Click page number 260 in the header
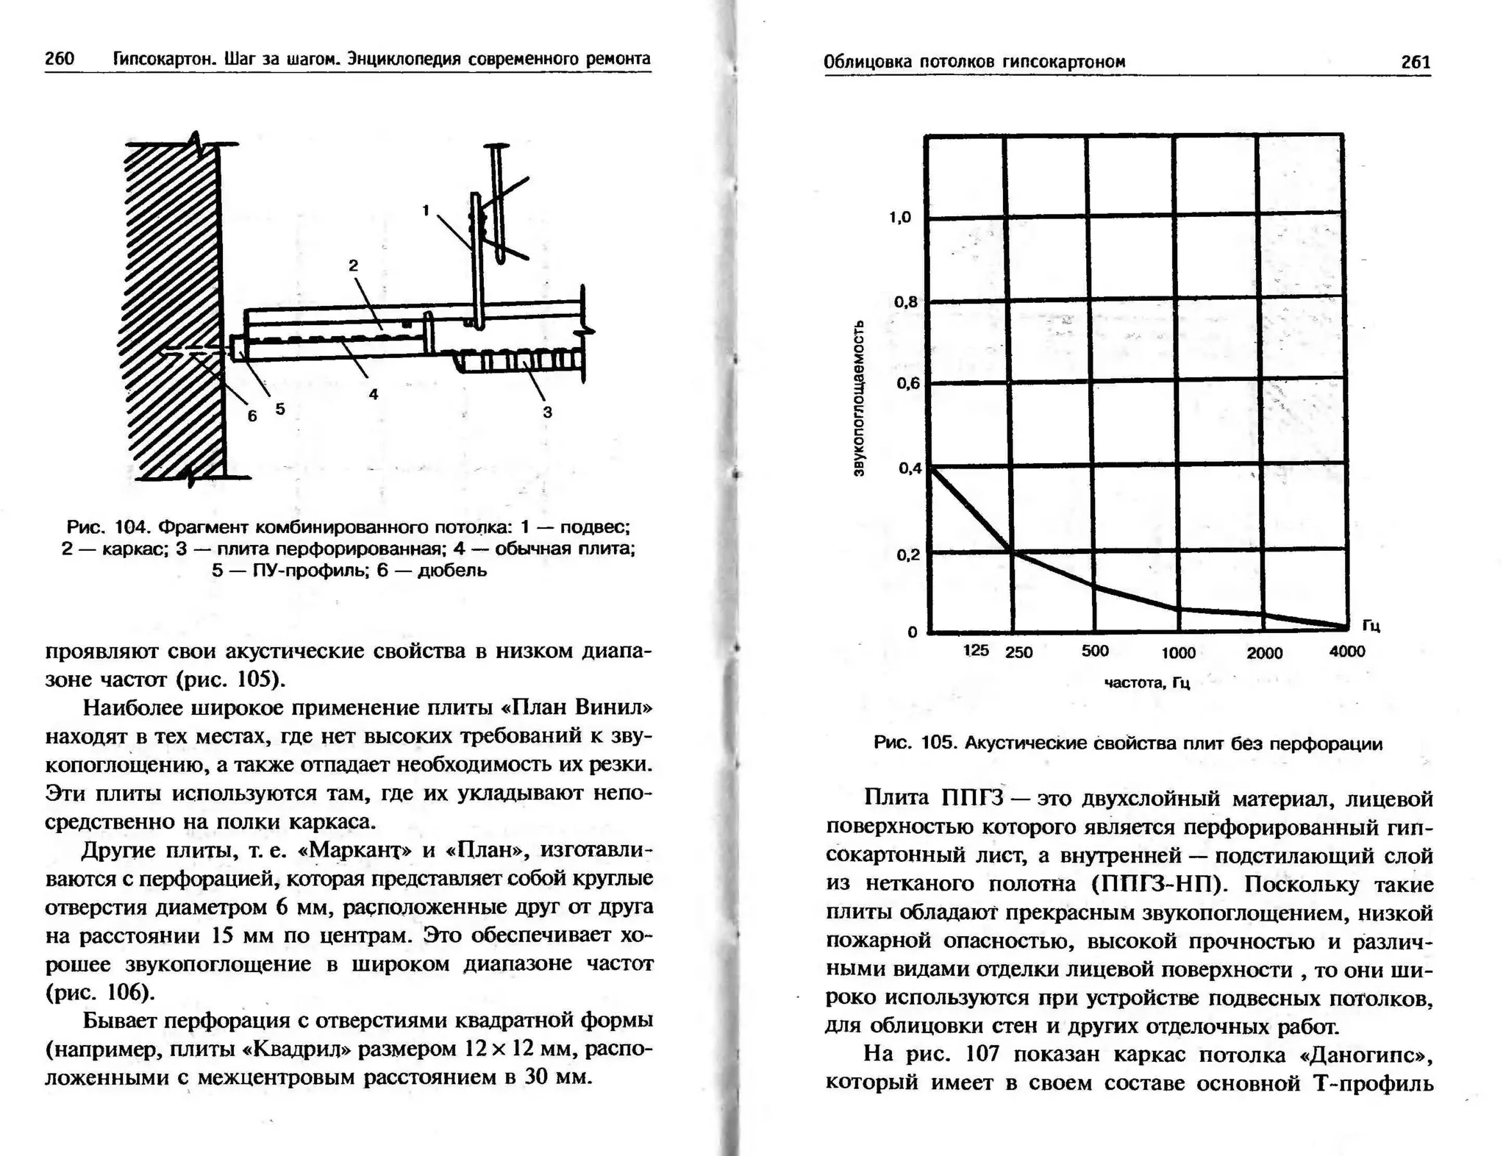[x=60, y=58]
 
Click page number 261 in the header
[x=1416, y=62]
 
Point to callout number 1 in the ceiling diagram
[x=426, y=210]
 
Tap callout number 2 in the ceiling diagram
[x=353, y=266]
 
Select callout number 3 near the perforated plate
[x=547, y=412]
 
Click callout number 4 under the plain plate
[x=374, y=394]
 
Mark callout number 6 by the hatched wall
[x=252, y=416]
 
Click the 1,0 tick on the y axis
[x=900, y=217]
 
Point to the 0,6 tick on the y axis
[x=907, y=383]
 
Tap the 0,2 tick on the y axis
[x=907, y=554]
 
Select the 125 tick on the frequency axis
[x=976, y=650]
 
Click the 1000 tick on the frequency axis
[x=1178, y=653]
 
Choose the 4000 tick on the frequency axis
[x=1347, y=652]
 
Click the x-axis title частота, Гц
[x=1147, y=683]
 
